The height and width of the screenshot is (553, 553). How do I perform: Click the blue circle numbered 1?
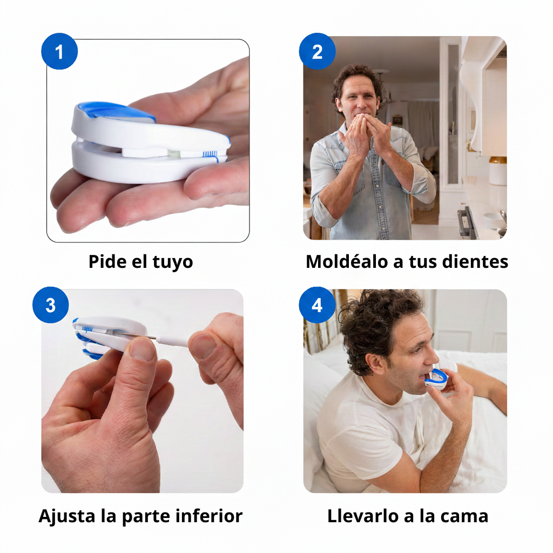[59, 52]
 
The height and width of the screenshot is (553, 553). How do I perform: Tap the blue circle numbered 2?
[317, 52]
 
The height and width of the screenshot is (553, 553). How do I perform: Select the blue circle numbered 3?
[50, 305]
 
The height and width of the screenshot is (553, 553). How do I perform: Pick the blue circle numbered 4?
[317, 305]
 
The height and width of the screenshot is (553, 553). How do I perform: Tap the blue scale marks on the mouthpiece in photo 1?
[210, 154]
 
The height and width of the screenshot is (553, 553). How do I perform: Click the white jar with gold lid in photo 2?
[497, 170]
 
